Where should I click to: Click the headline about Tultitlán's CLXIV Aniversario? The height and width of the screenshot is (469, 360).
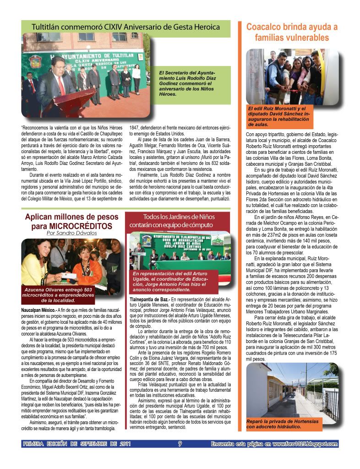(x=125, y=27)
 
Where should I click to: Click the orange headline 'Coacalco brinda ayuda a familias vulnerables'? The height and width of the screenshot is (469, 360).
(x=292, y=32)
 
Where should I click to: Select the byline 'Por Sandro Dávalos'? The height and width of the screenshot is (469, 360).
(x=71, y=233)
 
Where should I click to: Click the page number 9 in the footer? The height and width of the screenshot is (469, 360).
(x=180, y=443)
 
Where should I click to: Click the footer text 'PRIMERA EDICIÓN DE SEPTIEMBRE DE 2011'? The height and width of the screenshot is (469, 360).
(x=77, y=443)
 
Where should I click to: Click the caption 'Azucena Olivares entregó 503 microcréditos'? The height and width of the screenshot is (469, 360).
(x=57, y=295)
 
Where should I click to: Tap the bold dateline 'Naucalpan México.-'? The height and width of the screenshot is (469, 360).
(x=37, y=310)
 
